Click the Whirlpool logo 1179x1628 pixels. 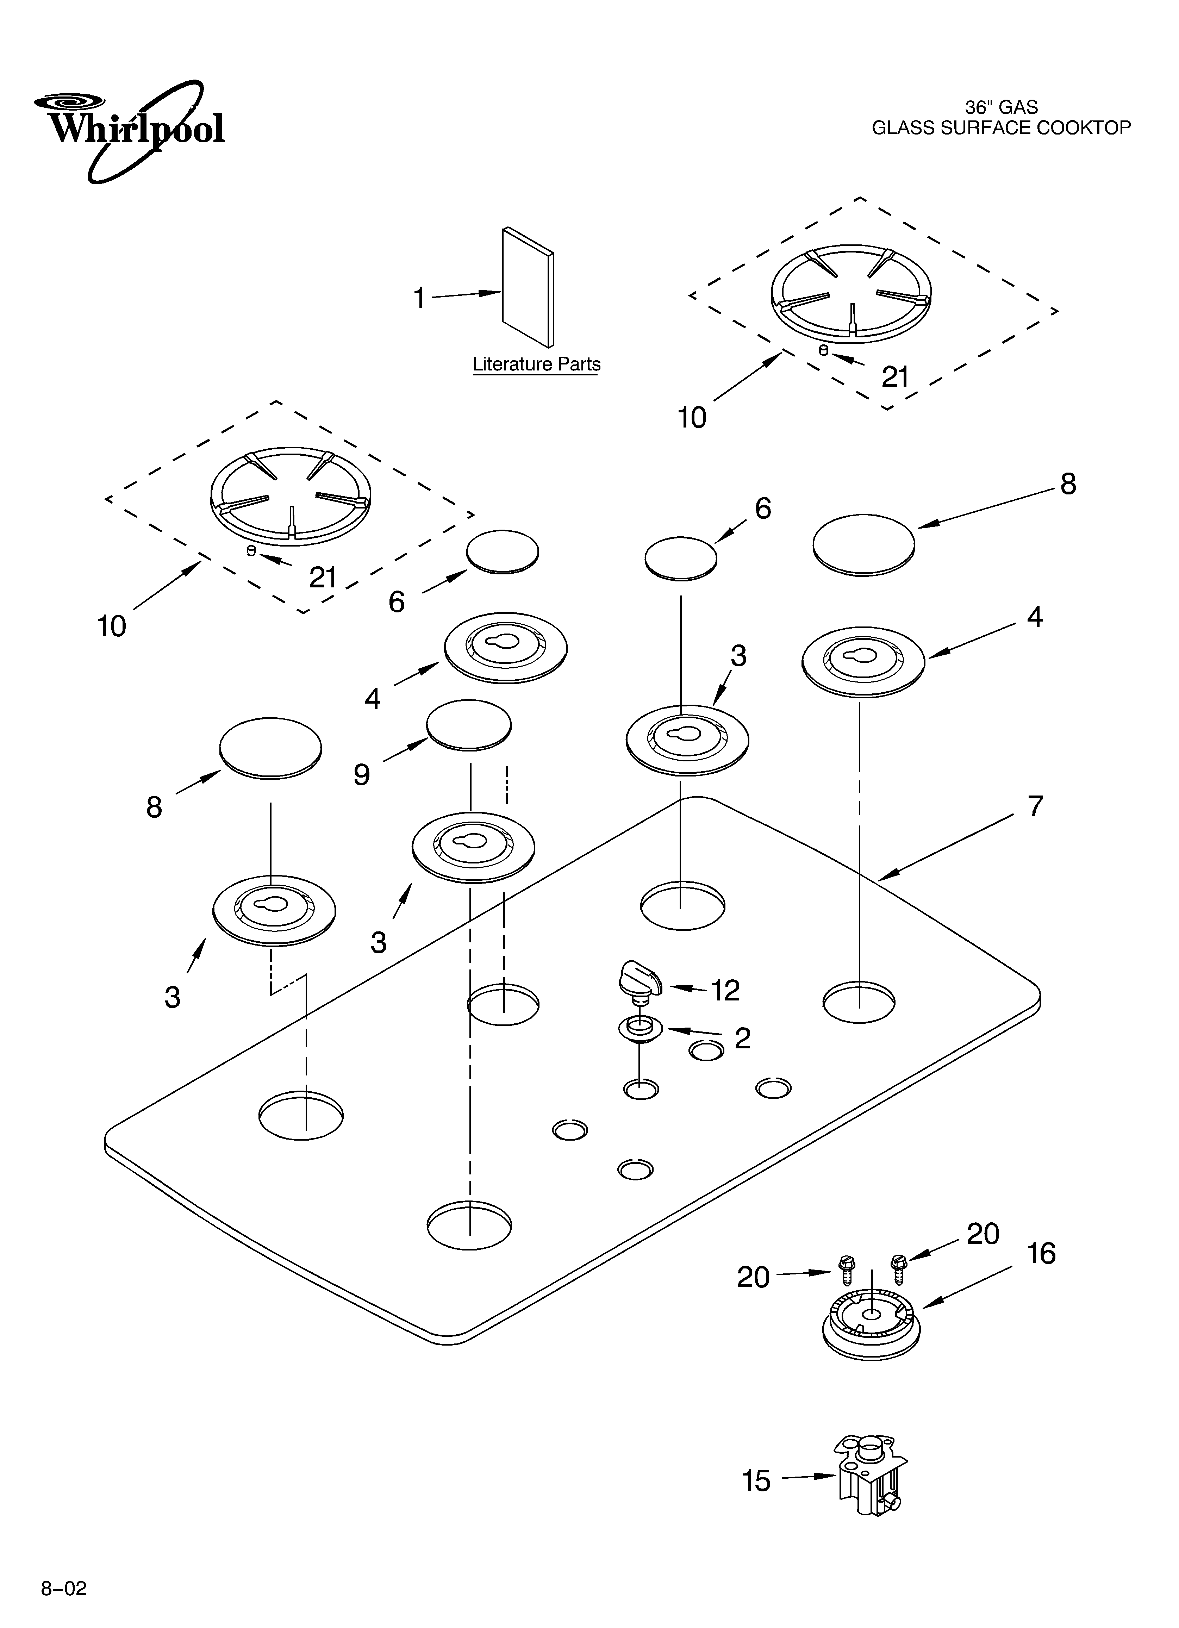coord(129,129)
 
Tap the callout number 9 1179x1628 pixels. coord(361,774)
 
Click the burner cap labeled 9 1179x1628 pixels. coord(469,725)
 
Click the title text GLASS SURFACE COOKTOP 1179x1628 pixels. coord(1001,128)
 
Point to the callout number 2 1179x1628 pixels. coord(742,1038)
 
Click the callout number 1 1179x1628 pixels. coord(419,298)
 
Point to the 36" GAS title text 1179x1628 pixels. coord(1001,107)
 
